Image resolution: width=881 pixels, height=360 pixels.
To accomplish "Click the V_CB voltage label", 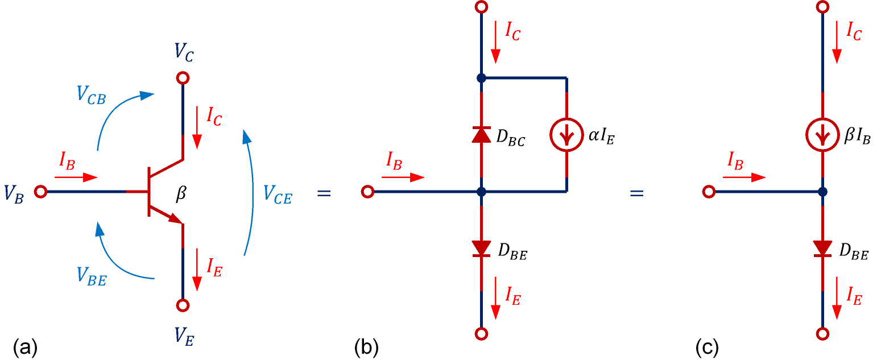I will [x=93, y=95].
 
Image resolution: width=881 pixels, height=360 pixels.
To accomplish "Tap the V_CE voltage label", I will [x=278, y=195].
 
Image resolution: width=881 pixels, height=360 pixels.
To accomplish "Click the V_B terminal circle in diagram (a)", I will [x=40, y=192].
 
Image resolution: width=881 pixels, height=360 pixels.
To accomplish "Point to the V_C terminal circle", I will [x=183, y=78].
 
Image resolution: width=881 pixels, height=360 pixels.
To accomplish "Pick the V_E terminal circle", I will [x=183, y=305].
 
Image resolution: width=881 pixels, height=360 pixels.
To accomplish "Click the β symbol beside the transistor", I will [x=181, y=195].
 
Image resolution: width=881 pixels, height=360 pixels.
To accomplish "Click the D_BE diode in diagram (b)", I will [x=481, y=248].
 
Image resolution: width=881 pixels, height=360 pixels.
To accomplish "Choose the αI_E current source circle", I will [x=566, y=134].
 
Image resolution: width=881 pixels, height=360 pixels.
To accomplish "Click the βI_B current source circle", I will [x=822, y=135].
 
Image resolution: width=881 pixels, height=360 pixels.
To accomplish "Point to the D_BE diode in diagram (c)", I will [x=822, y=248].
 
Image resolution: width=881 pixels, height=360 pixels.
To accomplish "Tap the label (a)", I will [x=25, y=346].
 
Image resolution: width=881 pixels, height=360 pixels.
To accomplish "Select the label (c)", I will [x=707, y=346].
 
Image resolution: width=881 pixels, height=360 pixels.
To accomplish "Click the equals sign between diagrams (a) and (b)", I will [x=323, y=193].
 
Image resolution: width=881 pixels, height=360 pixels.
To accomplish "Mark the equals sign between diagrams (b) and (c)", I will [x=636, y=193].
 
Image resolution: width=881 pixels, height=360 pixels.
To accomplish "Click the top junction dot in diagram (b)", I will [x=481, y=78].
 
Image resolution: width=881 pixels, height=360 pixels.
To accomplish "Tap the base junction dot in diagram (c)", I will [x=822, y=192].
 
